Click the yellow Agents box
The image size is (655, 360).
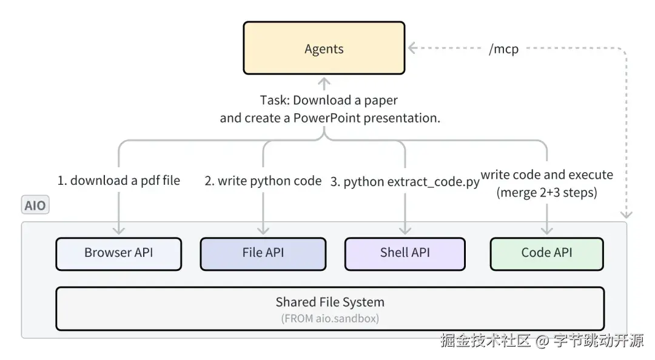point(324,48)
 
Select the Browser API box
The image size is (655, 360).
point(118,253)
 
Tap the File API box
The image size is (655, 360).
point(263,253)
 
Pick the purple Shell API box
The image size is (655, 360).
point(405,253)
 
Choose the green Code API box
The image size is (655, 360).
point(546,253)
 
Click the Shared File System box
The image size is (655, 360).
point(330,308)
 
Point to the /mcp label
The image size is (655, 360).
point(503,49)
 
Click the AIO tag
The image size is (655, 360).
point(35,205)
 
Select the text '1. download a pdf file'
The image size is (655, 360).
point(119,181)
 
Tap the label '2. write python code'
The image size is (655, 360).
point(263,181)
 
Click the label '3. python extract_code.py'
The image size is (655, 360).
point(405,181)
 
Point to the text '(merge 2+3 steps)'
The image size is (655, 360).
point(547,193)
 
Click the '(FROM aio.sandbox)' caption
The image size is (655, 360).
point(330,319)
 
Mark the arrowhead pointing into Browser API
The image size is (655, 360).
point(119,230)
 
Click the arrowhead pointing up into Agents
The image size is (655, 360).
point(324,81)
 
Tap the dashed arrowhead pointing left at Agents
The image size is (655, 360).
point(412,47)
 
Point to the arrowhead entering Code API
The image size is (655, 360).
point(547,230)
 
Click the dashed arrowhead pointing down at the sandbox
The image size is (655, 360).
point(626,214)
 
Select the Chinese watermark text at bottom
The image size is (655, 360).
point(542,341)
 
